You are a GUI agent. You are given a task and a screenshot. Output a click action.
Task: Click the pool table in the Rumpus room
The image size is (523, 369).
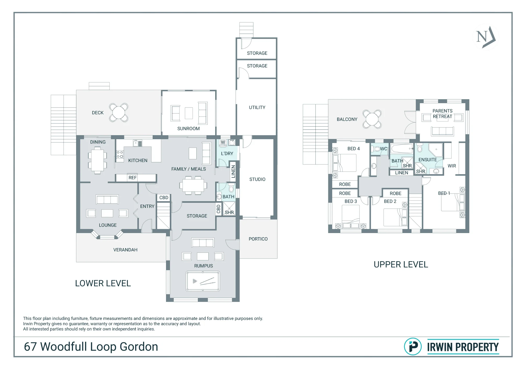[x=203, y=281]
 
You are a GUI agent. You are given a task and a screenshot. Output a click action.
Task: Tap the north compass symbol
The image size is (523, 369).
[x=486, y=37]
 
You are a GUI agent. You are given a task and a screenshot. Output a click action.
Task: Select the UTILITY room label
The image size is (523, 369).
[x=257, y=108]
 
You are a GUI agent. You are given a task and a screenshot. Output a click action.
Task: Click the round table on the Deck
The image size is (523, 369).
[x=119, y=112]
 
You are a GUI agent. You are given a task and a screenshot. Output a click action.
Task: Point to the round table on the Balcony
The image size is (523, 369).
[x=372, y=119]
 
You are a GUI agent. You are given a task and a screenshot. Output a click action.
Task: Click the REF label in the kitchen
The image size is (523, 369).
[x=133, y=178]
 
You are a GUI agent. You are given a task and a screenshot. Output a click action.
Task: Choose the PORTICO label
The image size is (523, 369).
[x=258, y=239]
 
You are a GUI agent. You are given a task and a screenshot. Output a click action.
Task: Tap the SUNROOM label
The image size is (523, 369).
[x=188, y=129]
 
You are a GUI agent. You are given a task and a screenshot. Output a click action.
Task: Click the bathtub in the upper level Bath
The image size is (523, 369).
[x=401, y=148]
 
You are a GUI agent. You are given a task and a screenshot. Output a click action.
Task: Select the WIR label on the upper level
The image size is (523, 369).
[x=452, y=166]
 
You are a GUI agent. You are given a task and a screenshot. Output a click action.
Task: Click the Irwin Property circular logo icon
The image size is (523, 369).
[x=413, y=347]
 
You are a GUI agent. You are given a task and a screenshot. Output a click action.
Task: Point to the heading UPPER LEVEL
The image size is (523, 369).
[x=401, y=264]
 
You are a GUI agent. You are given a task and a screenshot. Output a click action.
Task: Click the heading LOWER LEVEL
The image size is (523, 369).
[x=103, y=283]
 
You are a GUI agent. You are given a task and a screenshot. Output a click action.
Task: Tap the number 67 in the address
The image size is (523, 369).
[x=30, y=347]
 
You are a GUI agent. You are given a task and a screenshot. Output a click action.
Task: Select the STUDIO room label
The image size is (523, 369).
[x=257, y=180]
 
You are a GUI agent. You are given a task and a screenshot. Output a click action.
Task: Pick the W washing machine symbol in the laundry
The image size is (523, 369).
[x=223, y=142]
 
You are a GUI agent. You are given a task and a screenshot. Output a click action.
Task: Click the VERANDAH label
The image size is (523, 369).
[x=125, y=250]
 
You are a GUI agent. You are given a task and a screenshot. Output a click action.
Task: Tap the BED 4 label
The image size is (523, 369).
[x=354, y=149]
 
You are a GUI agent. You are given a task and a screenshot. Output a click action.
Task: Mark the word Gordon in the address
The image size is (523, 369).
[x=139, y=347]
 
